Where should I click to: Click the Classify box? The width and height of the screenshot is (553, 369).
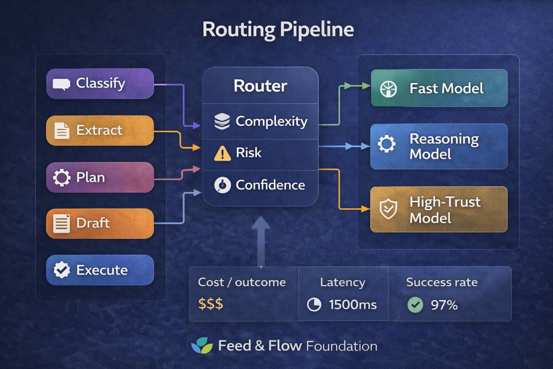click(x=100, y=84)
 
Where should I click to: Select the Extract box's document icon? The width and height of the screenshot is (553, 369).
click(x=62, y=130)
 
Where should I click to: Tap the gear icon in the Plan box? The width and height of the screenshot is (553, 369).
click(x=62, y=177)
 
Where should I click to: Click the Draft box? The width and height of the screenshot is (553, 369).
click(x=100, y=223)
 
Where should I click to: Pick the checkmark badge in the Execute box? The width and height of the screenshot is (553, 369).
click(x=62, y=270)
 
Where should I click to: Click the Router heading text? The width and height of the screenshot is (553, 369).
click(x=260, y=86)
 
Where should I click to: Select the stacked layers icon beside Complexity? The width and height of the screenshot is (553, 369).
click(x=222, y=121)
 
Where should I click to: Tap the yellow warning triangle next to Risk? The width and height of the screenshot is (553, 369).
click(x=222, y=153)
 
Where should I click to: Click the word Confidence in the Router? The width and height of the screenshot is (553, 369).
click(x=270, y=185)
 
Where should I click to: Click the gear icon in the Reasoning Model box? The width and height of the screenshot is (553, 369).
click(x=387, y=144)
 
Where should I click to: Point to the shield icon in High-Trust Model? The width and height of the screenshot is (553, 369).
click(x=388, y=209)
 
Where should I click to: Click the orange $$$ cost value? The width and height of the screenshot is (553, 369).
click(x=211, y=304)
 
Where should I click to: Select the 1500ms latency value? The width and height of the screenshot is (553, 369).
click(x=352, y=305)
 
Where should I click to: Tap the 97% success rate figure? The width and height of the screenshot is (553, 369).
click(x=444, y=305)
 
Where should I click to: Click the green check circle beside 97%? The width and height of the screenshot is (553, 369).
click(x=415, y=305)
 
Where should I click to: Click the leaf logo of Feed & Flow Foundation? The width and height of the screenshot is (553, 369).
click(x=202, y=346)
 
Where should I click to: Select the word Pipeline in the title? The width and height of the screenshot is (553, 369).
click(x=316, y=30)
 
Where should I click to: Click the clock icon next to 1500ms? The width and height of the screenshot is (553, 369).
click(x=314, y=305)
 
